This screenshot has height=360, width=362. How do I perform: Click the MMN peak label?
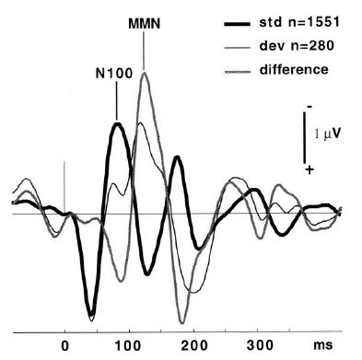144,24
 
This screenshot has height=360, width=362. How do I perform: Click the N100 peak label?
114,74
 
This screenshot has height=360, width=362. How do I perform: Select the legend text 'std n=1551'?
299,22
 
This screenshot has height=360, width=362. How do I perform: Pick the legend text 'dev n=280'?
297,46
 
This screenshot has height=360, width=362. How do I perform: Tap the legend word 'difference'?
294,69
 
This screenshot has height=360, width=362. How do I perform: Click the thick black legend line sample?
237,24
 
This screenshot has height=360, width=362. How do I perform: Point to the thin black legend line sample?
237,48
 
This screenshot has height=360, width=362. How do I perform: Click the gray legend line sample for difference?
237,72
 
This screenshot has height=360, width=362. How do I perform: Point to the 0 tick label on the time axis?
64,346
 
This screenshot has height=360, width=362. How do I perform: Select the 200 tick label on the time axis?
194,346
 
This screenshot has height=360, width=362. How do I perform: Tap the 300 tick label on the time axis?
260,346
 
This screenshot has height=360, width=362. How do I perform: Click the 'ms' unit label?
322,345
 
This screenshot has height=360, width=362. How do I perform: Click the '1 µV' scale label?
328,134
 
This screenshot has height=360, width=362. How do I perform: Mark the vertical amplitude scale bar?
305,137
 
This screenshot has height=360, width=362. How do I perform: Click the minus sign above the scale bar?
309,107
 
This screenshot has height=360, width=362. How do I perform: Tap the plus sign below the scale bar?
309,169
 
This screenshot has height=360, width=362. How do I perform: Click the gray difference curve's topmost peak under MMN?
145,73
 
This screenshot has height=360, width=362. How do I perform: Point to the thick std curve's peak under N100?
117,123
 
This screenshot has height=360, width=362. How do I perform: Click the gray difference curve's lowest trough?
182,322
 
